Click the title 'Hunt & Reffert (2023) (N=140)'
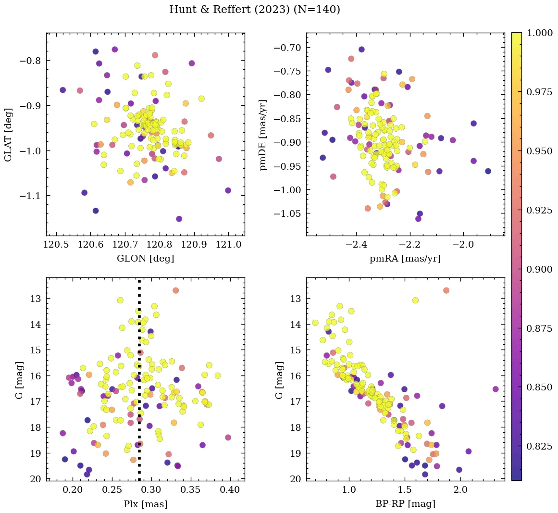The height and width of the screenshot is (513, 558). pos(255,10)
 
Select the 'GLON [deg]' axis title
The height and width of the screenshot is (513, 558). pos(145,259)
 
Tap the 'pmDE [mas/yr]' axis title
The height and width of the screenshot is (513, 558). pos(263,135)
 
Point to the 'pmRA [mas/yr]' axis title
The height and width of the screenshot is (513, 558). pos(405,259)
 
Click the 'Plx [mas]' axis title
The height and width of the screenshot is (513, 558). pos(145,504)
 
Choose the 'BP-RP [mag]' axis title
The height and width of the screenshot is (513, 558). pos(405,504)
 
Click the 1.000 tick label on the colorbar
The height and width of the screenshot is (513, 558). pos(539,33)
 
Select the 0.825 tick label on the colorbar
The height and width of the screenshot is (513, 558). pos(539,447)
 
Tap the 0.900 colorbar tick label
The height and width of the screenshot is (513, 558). pos(539,269)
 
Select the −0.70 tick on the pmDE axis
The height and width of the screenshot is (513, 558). pos(287,48)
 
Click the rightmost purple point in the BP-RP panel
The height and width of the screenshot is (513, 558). pos(496,389)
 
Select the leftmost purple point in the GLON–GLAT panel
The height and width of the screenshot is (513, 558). pos(62,90)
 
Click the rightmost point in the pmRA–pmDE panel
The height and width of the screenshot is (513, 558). pos(488,171)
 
